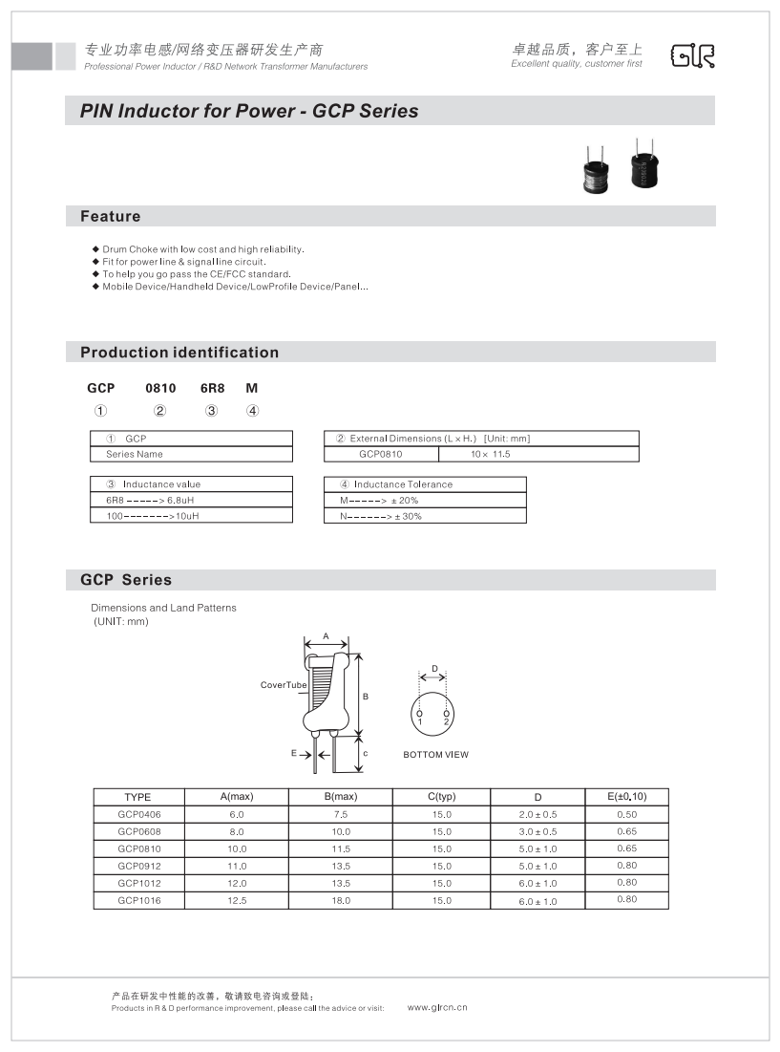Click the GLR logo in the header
[693, 56]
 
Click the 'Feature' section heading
[110, 217]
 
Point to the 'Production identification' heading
[179, 353]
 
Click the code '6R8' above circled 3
[211, 388]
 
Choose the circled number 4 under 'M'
[252, 412]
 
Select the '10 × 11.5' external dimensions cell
[491, 454]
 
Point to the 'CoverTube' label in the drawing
[283, 685]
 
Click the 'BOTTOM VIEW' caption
[435, 755]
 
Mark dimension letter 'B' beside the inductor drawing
[366, 697]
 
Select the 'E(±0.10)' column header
[626, 796]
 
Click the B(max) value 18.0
[341, 900]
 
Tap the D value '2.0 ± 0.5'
[538, 814]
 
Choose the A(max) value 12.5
[237, 900]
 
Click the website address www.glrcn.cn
[437, 1007]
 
